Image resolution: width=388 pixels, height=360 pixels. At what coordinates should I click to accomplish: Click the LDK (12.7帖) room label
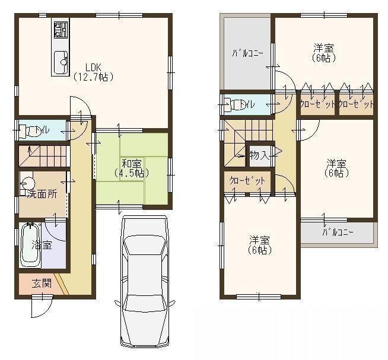click(93, 71)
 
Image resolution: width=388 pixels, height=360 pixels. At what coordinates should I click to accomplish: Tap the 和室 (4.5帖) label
click(131, 168)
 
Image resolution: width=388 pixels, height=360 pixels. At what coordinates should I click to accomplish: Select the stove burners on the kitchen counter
click(61, 30)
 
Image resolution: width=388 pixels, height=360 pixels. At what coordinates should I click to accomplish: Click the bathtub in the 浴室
click(30, 244)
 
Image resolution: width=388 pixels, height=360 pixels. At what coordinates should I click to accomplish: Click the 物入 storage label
click(259, 156)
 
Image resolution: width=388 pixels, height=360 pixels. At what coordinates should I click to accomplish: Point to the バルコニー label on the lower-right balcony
click(338, 232)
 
